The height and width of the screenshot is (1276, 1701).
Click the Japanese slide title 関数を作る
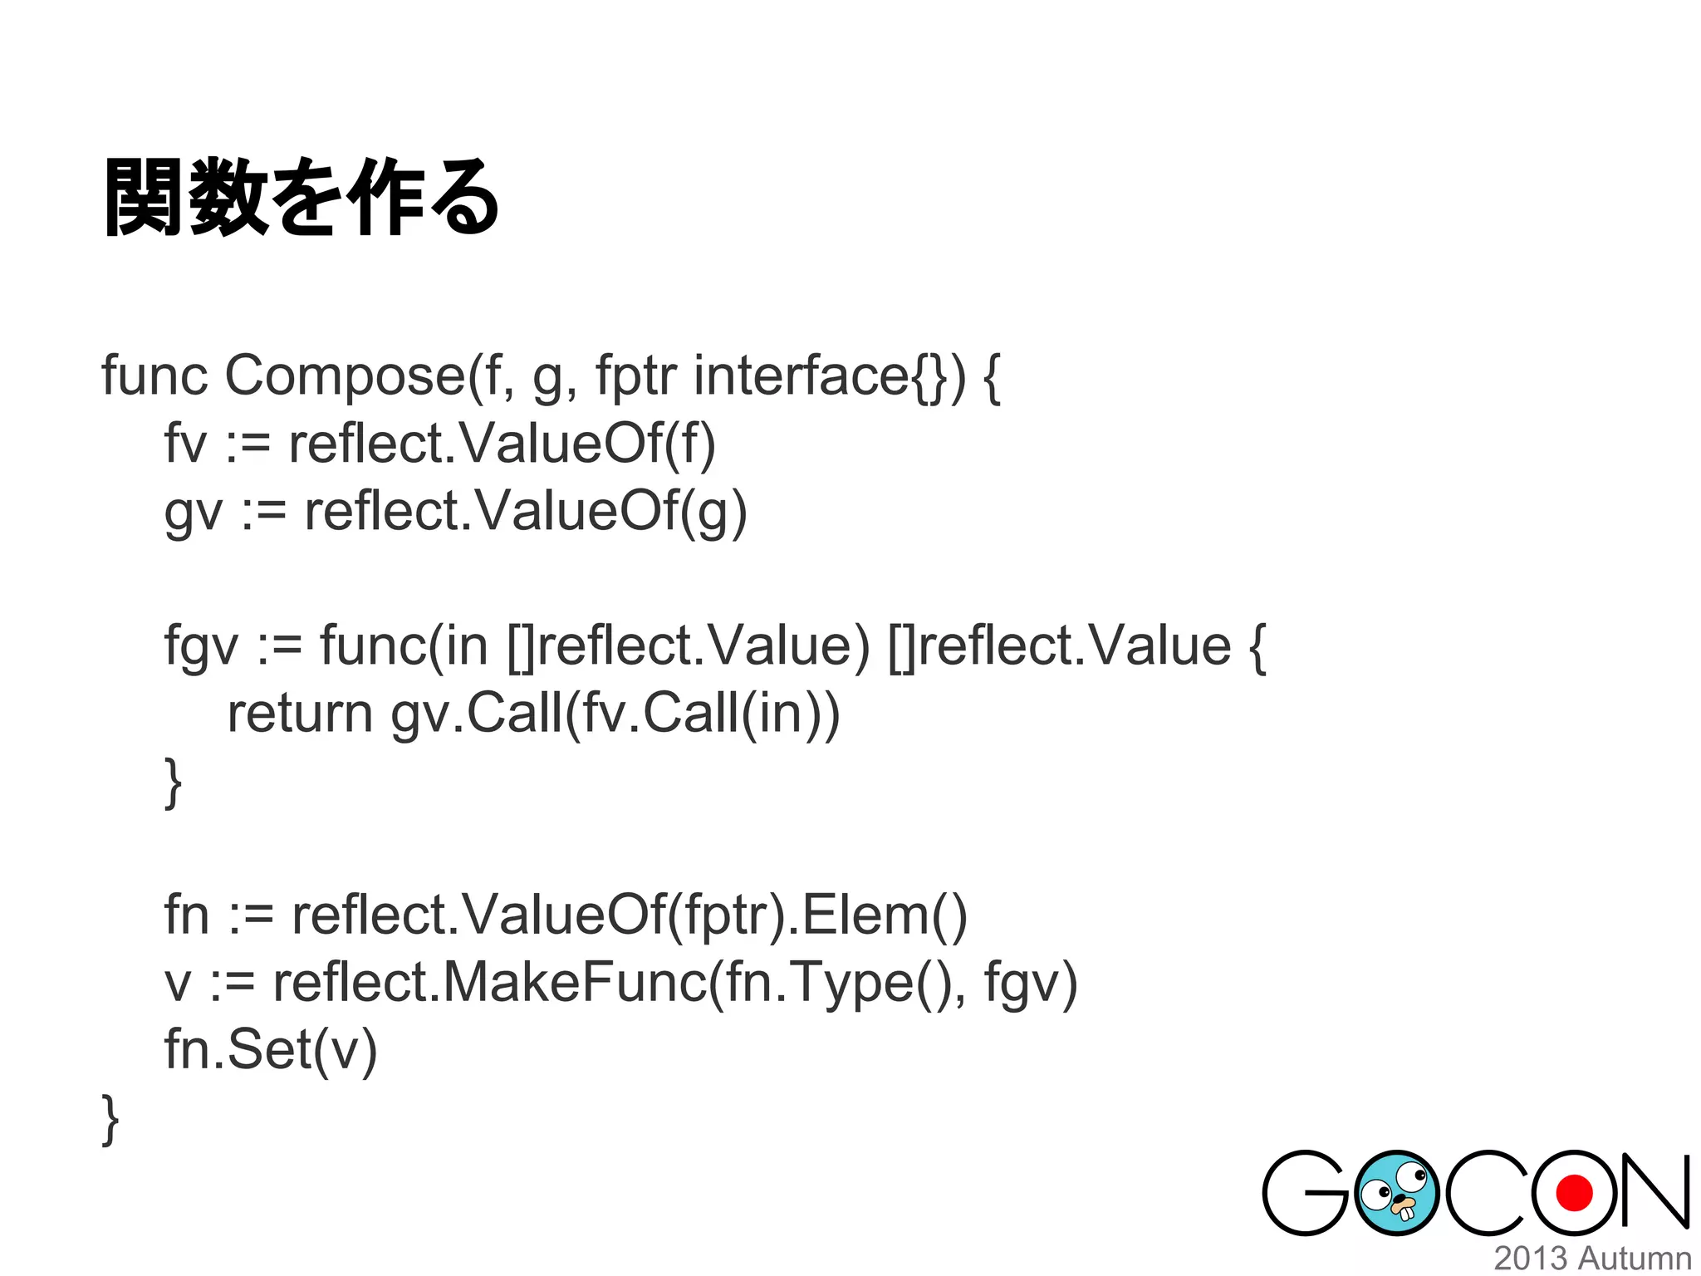pos(301,198)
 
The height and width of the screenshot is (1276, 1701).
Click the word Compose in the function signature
pos(345,376)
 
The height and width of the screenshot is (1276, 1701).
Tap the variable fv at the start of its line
pos(184,444)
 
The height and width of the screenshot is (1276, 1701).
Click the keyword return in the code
pos(300,714)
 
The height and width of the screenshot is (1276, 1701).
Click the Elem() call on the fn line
pos(883,915)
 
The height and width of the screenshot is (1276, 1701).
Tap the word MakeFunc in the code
pos(574,983)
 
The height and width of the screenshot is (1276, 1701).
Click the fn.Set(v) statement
pos(271,1050)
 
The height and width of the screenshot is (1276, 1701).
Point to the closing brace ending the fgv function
pos(173,783)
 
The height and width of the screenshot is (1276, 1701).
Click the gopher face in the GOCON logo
pos(1396,1193)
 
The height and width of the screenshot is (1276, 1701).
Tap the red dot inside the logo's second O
pos(1573,1194)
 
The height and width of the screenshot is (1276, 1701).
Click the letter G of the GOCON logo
pos(1306,1193)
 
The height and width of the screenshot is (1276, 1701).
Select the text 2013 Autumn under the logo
pos(1592,1259)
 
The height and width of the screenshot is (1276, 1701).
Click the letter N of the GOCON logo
pos(1653,1193)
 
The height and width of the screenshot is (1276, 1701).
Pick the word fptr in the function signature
pos(636,376)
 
